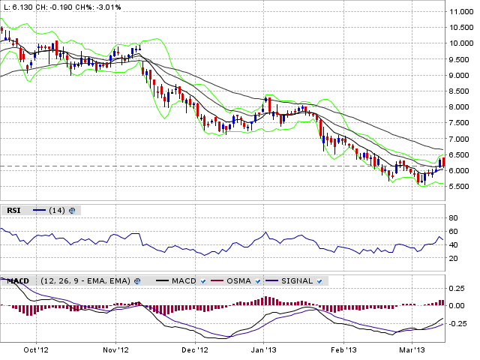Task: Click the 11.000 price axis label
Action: tap(461, 12)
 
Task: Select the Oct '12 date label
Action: tap(36, 349)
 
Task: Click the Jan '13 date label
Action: tap(264, 349)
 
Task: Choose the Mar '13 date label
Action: tap(412, 349)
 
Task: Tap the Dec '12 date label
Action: tap(195, 349)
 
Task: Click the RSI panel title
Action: tap(13, 211)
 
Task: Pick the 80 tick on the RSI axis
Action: tap(453, 218)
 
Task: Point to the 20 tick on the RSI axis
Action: tap(453, 258)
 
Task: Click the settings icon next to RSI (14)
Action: tap(72, 211)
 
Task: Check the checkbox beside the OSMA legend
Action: tap(258, 281)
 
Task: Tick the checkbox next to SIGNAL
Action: tap(319, 281)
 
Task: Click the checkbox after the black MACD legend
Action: tap(203, 281)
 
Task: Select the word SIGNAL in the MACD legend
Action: tap(297, 281)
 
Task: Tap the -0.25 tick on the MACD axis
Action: tap(458, 324)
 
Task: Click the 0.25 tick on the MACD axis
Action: tap(457, 288)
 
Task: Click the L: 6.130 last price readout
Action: tap(18, 7)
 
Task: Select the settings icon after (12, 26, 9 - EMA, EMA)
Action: tap(137, 281)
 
